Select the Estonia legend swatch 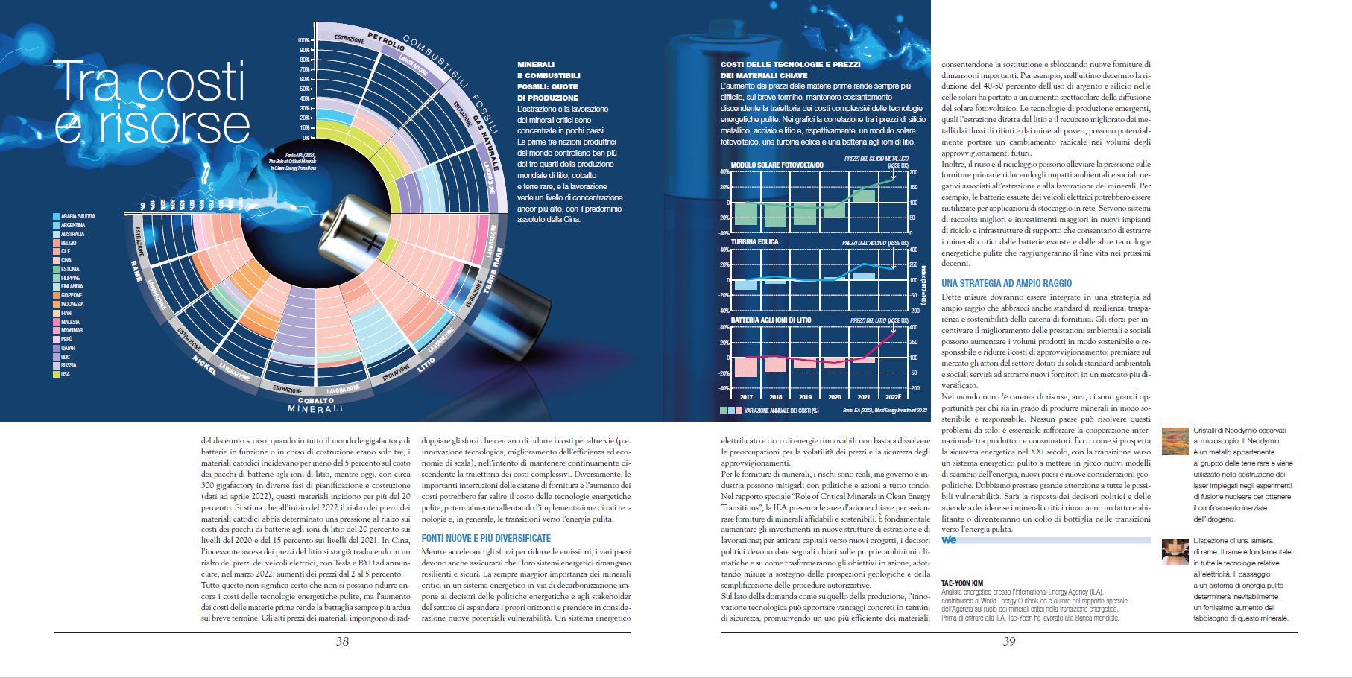click(56, 269)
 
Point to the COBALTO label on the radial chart click(317, 400)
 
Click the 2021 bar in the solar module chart click(864, 196)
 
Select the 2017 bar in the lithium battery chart click(746, 367)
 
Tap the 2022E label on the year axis click(893, 397)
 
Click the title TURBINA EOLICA click(754, 242)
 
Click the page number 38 click(342, 641)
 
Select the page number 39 click(1008, 641)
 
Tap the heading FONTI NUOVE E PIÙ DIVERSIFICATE click(486, 538)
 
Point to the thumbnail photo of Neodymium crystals click(1175, 441)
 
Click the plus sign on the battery click(370, 243)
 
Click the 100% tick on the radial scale click(303, 40)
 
